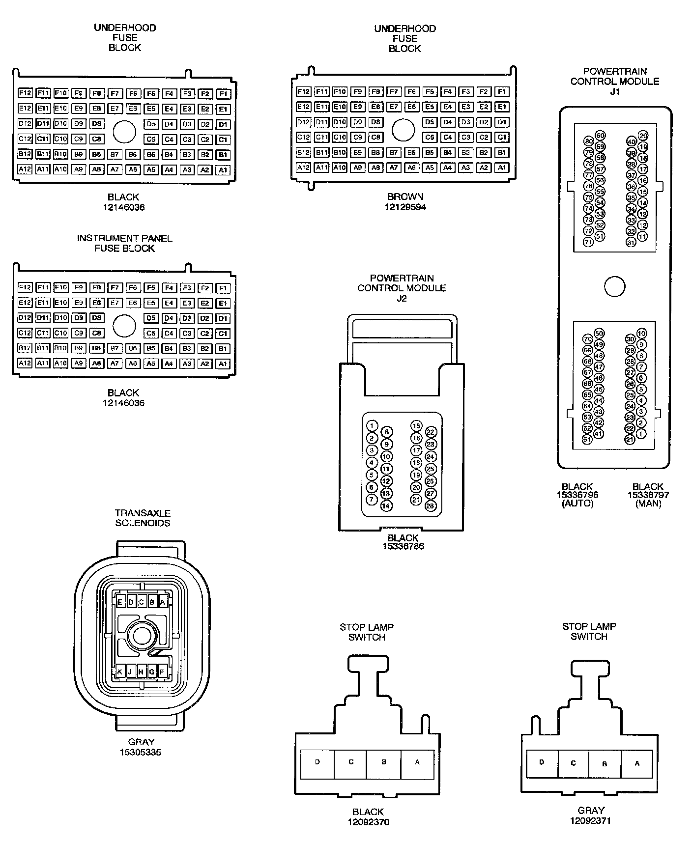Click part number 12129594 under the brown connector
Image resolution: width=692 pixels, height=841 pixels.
pyautogui.click(x=405, y=207)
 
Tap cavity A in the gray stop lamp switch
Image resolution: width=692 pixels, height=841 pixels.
pyautogui.click(x=637, y=763)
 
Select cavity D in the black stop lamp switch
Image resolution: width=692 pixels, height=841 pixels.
pyautogui.click(x=317, y=762)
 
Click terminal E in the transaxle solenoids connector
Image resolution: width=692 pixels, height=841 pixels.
pyautogui.click(x=119, y=602)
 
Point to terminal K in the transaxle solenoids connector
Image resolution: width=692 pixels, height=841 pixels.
pyautogui.click(x=119, y=672)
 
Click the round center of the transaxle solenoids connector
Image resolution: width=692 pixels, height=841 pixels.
pyautogui.click(x=142, y=636)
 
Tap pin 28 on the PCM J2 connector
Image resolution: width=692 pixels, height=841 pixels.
pyautogui.click(x=431, y=506)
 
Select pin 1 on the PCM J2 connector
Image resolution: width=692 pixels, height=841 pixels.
pyautogui.click(x=372, y=426)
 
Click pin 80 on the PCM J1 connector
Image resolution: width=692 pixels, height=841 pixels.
pyautogui.click(x=589, y=141)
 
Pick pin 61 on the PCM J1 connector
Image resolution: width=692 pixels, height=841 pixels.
pyautogui.click(x=587, y=440)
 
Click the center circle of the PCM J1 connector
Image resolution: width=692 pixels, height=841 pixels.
pyautogui.click(x=614, y=287)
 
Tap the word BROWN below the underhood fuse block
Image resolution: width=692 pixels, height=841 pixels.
pyautogui.click(x=405, y=197)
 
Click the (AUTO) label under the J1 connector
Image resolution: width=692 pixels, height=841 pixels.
pyautogui.click(x=577, y=504)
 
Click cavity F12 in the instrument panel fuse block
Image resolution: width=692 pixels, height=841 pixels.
pyautogui.click(x=25, y=287)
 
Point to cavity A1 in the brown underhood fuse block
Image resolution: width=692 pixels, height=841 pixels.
pyautogui.click(x=502, y=168)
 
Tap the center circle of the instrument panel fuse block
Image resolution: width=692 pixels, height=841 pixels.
pyautogui.click(x=124, y=326)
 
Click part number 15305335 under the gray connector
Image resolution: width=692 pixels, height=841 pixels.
pyautogui.click(x=141, y=752)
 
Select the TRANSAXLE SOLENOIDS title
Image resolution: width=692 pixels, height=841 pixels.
pyautogui.click(x=143, y=518)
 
